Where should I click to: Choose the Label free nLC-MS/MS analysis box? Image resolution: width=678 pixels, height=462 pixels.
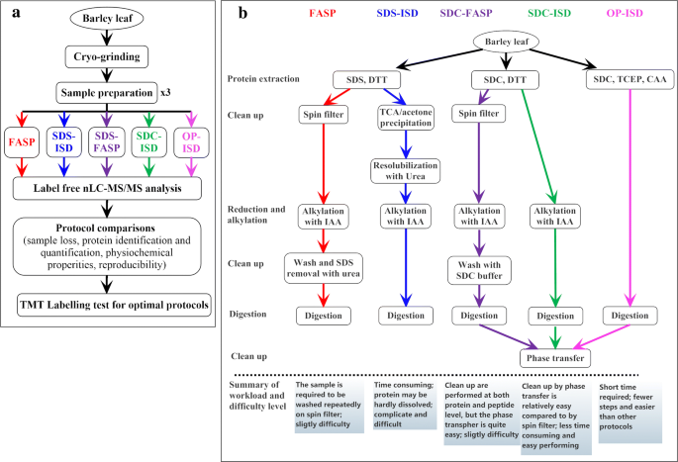[x=110, y=185]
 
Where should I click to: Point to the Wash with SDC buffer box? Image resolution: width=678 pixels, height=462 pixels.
[x=477, y=269]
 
